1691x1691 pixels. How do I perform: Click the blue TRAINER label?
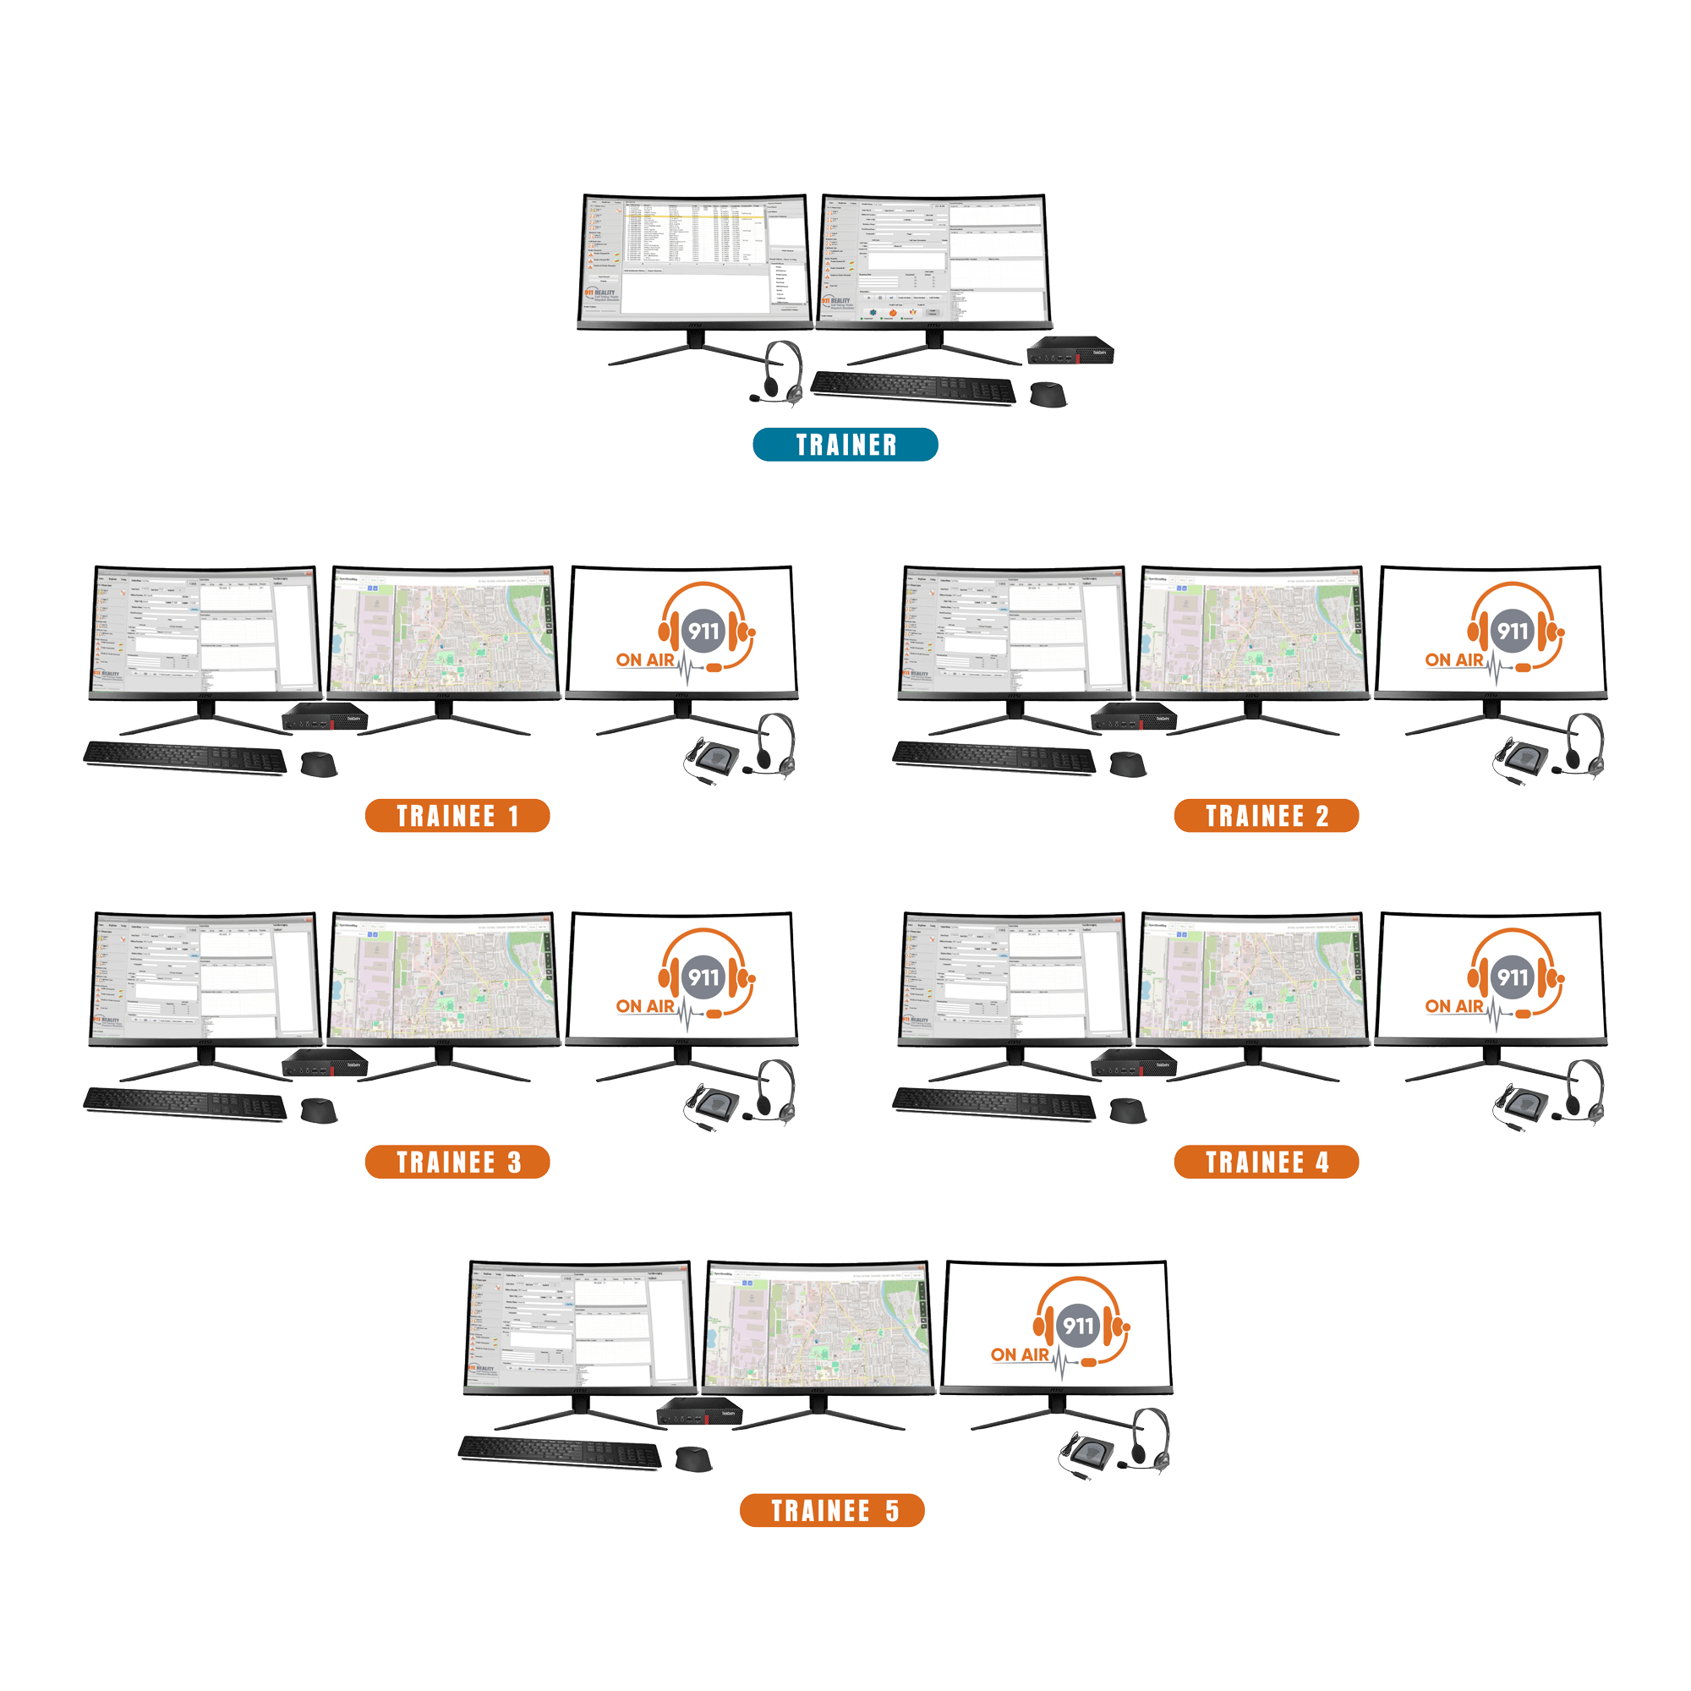pyautogui.click(x=845, y=445)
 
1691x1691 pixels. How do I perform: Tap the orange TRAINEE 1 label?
pyautogui.click(x=457, y=816)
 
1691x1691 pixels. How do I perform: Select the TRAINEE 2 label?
pyautogui.click(x=1266, y=816)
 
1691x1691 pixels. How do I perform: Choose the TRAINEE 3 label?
pyautogui.click(x=457, y=1162)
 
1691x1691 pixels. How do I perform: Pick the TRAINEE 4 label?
pyautogui.click(x=1266, y=1162)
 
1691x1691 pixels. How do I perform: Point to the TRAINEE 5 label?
pyautogui.click(x=831, y=1510)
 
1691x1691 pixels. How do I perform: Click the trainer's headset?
pyautogui.click(x=780, y=371)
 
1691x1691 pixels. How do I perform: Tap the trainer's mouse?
pyautogui.click(x=1047, y=393)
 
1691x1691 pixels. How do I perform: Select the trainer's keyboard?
pyautogui.click(x=913, y=387)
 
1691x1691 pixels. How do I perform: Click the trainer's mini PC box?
pyautogui.click(x=1070, y=352)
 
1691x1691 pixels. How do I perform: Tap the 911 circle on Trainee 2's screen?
pyautogui.click(x=1513, y=630)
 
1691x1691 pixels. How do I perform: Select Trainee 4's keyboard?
pyautogui.click(x=993, y=1103)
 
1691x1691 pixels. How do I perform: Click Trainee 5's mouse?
pyautogui.click(x=693, y=1459)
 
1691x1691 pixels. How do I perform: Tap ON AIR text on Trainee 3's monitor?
pyautogui.click(x=644, y=1006)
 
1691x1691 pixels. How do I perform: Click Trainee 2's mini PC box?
pyautogui.click(x=1134, y=718)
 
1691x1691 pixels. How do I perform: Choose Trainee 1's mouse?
pyautogui.click(x=319, y=763)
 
